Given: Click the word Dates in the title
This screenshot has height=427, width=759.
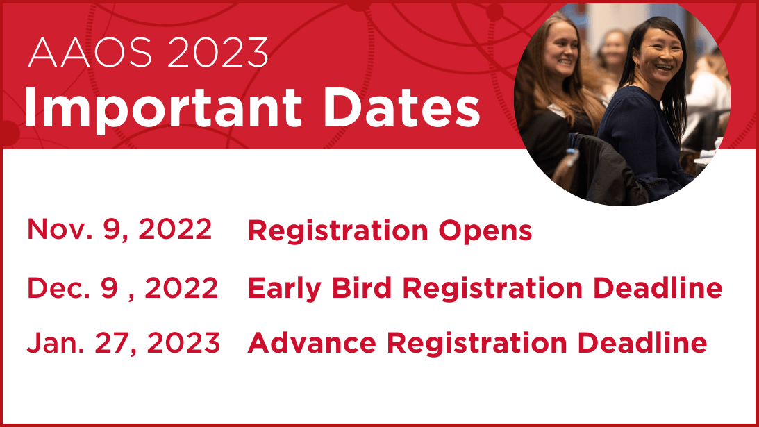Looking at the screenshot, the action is (401, 108).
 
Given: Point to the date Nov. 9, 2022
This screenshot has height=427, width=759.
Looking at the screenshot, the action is (119, 229).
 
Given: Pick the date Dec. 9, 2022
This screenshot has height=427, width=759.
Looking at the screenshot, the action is (122, 288).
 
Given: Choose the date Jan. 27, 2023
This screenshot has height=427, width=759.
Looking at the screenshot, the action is (124, 343).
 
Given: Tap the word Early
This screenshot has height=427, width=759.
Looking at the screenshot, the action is (284, 290).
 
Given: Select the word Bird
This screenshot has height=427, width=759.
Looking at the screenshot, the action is (362, 288).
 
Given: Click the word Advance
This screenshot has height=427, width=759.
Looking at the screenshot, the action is (312, 343).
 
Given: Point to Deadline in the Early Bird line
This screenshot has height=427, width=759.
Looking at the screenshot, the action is (658, 288).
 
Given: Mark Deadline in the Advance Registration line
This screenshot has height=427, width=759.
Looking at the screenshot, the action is (642, 343).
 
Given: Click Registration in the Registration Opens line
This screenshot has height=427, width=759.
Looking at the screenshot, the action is (338, 231).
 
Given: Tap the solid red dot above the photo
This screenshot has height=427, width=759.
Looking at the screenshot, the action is (494, 12).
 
